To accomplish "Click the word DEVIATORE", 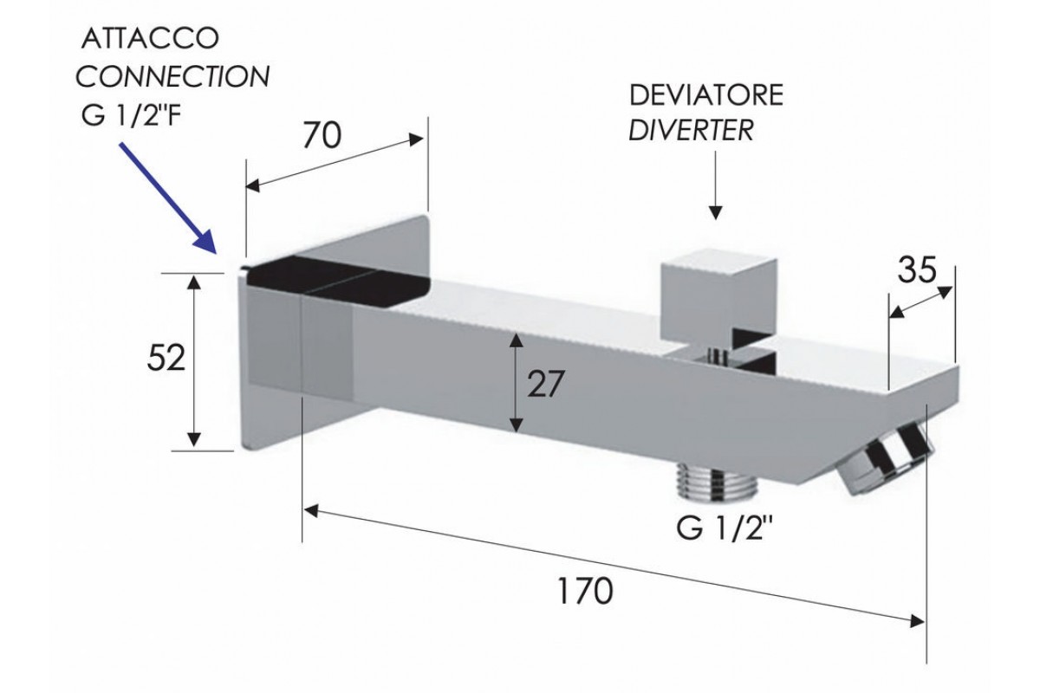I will (705, 94).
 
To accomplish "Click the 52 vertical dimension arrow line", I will (196, 360).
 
